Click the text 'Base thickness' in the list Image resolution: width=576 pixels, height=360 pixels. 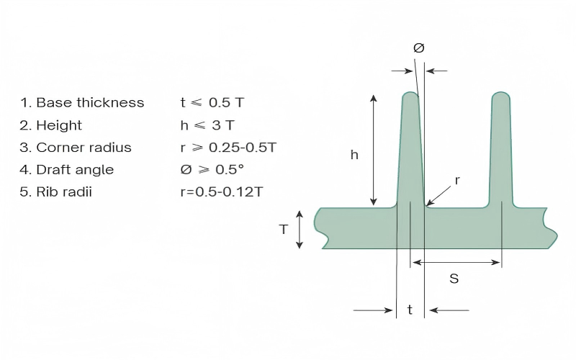click(90, 102)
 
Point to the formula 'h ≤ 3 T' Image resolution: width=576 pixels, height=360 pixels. click(207, 125)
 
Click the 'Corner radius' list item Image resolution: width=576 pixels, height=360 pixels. click(84, 148)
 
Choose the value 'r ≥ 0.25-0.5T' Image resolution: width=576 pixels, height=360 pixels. click(228, 148)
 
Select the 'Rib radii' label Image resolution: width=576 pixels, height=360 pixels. click(64, 192)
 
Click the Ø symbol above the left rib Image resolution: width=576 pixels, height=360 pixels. click(419, 48)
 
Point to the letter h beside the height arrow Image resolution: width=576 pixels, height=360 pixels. click(354, 154)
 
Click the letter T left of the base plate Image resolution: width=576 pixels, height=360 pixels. click(284, 229)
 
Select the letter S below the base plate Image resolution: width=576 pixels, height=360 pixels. click(454, 278)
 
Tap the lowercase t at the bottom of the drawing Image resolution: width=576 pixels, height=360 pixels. click(410, 310)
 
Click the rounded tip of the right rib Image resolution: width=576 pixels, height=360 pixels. click(501, 96)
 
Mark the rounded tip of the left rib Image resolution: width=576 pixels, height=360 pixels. click(408, 95)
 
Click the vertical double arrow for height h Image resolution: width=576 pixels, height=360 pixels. click(373, 150)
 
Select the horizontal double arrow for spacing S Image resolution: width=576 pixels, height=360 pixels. click(456, 263)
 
